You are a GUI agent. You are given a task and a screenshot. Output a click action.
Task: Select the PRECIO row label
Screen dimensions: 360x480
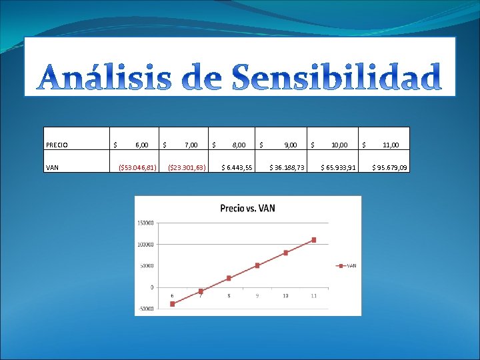click(x=59, y=144)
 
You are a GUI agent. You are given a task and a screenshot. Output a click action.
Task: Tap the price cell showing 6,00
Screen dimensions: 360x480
click(x=141, y=144)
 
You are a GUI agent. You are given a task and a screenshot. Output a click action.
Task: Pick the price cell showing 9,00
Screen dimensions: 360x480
click(x=291, y=144)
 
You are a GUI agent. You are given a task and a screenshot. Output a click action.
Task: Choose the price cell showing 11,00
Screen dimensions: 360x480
click(x=391, y=144)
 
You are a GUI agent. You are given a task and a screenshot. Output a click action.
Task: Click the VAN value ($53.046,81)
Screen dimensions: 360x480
click(x=137, y=167)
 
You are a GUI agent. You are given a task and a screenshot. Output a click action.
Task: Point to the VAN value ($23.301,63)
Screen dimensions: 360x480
click(x=186, y=167)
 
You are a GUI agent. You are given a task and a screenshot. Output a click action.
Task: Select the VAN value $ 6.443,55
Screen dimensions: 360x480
click(x=237, y=167)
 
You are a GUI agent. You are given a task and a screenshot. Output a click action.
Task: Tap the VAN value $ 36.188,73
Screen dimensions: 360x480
click(x=287, y=167)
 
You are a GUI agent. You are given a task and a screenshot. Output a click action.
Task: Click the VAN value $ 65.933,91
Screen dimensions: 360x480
click(x=339, y=167)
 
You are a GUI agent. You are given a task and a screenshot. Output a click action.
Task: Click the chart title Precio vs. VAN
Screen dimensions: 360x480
click(x=247, y=208)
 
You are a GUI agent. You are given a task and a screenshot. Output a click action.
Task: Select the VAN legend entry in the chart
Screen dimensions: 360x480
click(x=348, y=265)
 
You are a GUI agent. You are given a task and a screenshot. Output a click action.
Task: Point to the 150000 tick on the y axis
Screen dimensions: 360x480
click(x=146, y=223)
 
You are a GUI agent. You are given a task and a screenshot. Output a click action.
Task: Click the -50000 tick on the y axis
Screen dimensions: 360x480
click(x=146, y=309)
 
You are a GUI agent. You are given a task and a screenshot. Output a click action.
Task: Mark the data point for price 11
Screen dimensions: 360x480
click(x=313, y=240)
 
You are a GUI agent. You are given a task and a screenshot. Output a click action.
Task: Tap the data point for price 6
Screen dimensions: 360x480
click(x=172, y=303)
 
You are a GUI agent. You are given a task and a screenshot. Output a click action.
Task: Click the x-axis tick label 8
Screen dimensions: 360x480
click(x=229, y=295)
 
